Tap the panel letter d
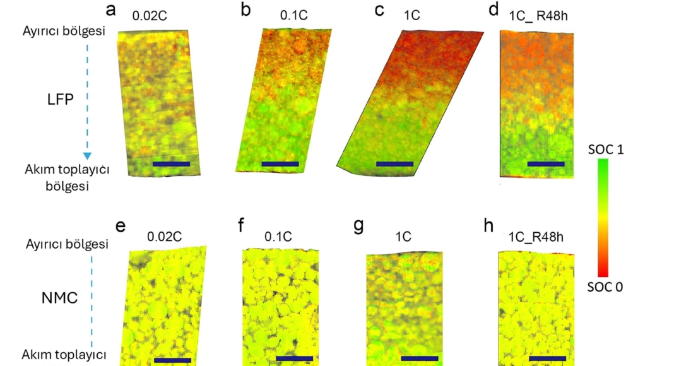pos(494,11)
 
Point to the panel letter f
pos(240,225)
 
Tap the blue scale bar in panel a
pos(172,164)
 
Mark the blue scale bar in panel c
pos(394,164)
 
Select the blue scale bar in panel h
pos(547,359)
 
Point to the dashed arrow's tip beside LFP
pos(88,156)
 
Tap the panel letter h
pos(489,226)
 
